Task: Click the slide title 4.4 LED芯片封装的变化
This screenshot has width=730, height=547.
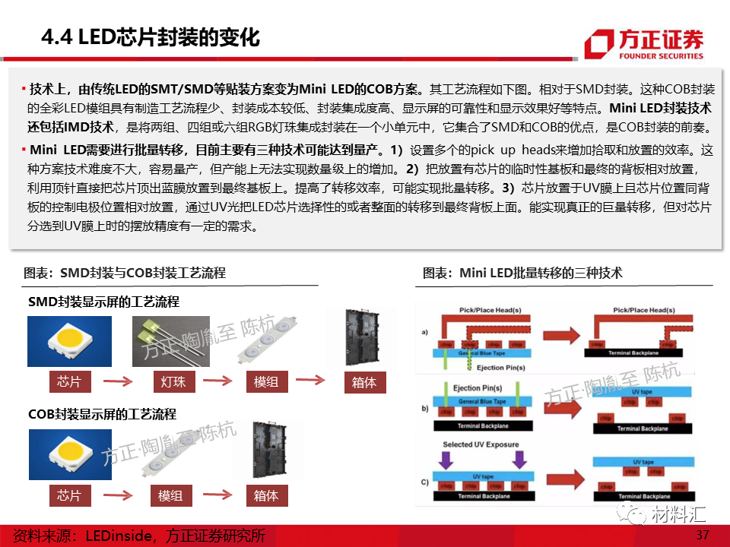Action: click(x=151, y=38)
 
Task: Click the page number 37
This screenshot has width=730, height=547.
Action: click(x=703, y=535)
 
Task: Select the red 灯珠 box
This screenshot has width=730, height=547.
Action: click(x=168, y=381)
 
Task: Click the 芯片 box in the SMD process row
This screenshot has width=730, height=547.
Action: click(x=69, y=381)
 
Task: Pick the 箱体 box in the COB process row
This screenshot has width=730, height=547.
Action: click(x=266, y=495)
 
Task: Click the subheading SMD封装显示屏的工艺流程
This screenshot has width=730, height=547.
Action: click(x=103, y=302)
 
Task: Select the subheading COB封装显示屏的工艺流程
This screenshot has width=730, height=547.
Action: click(x=102, y=414)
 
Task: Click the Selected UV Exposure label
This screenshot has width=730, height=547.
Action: click(x=481, y=444)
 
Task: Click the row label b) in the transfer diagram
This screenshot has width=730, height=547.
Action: click(x=424, y=409)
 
